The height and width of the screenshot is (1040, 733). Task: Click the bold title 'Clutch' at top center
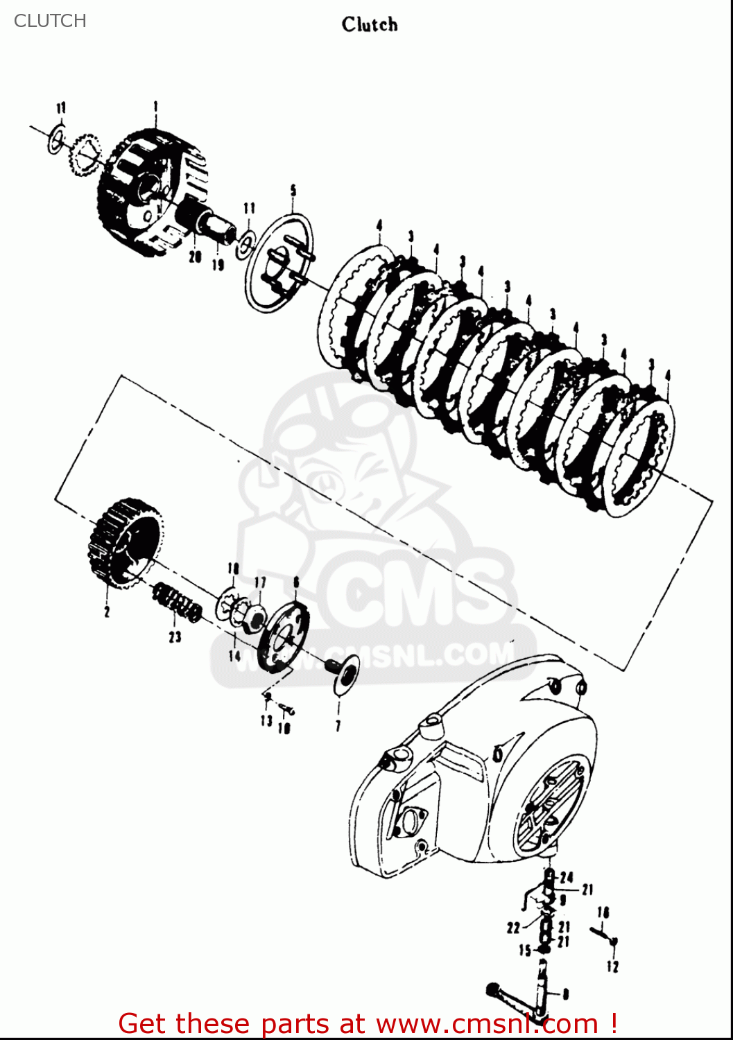(x=370, y=25)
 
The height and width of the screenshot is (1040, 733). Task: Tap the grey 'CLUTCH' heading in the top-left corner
(x=50, y=21)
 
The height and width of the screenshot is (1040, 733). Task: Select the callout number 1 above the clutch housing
(x=155, y=107)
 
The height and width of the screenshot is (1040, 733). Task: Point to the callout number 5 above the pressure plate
(x=293, y=190)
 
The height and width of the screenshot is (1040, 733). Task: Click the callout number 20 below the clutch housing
(x=195, y=257)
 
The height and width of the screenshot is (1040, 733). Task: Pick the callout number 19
(x=218, y=264)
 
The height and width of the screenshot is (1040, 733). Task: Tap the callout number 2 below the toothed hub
(x=107, y=612)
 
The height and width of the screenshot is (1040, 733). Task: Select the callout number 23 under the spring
(x=175, y=636)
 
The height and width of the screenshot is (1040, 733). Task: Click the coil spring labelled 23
(x=178, y=602)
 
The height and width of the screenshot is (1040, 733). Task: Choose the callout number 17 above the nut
(x=259, y=582)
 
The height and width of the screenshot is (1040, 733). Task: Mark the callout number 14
(x=234, y=655)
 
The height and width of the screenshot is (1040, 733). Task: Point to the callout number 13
(x=266, y=721)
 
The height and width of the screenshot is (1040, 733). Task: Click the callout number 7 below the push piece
(x=338, y=726)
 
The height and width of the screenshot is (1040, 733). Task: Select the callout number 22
(x=513, y=928)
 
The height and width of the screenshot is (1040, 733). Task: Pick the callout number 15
(x=525, y=951)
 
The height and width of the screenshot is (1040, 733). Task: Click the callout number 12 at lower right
(x=612, y=967)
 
